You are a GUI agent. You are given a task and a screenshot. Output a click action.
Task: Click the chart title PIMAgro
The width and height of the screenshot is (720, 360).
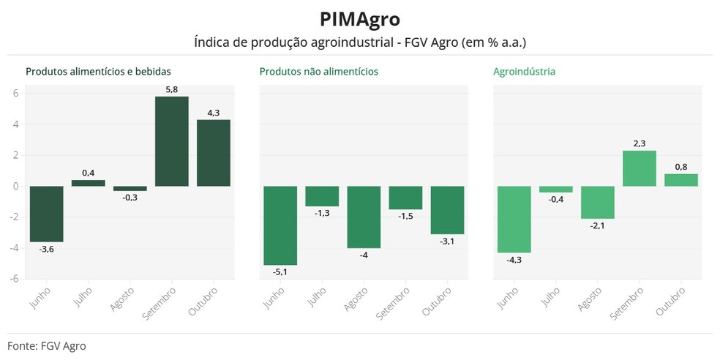pyautogui.click(x=360, y=19)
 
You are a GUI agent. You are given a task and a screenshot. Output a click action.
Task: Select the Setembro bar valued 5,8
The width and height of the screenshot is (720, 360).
pyautogui.click(x=171, y=141)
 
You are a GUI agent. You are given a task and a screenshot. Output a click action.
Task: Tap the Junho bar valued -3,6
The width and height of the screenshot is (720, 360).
pyautogui.click(x=46, y=214)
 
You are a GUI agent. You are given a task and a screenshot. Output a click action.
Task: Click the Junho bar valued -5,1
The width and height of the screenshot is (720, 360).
pyautogui.click(x=280, y=225)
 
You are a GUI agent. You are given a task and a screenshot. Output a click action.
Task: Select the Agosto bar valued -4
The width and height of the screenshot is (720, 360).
pyautogui.click(x=364, y=217)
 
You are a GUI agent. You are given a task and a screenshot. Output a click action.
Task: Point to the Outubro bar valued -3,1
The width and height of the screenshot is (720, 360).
pyautogui.click(x=447, y=210)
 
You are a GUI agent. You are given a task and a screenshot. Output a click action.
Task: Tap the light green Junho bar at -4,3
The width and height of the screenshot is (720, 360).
pyautogui.click(x=514, y=219)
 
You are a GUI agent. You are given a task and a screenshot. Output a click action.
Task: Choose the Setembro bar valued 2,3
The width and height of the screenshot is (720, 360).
pyautogui.click(x=640, y=168)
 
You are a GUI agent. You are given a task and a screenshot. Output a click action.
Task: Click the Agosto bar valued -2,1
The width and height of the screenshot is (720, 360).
pyautogui.click(x=598, y=202)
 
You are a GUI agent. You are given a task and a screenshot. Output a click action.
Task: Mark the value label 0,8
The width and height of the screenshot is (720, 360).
pyautogui.click(x=681, y=166)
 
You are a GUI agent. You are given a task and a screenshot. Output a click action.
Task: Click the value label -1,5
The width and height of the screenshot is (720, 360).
pyautogui.click(x=405, y=217)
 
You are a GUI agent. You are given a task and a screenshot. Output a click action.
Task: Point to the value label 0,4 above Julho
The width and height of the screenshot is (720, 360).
pyautogui.click(x=88, y=173)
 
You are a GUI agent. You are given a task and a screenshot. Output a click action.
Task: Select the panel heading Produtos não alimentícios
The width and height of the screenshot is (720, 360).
pyautogui.click(x=318, y=72)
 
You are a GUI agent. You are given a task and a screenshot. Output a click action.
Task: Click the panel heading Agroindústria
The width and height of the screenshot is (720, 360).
pyautogui.click(x=524, y=72)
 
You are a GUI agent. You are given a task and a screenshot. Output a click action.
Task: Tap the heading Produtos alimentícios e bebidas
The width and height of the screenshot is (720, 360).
pyautogui.click(x=98, y=72)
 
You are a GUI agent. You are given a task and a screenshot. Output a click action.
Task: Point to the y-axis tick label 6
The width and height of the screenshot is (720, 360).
pyautogui.click(x=15, y=93)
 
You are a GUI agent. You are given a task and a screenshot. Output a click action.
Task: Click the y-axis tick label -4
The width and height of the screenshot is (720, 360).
pyautogui.click(x=14, y=247)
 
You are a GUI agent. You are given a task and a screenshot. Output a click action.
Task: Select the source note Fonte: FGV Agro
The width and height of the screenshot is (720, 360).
pyautogui.click(x=47, y=345)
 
